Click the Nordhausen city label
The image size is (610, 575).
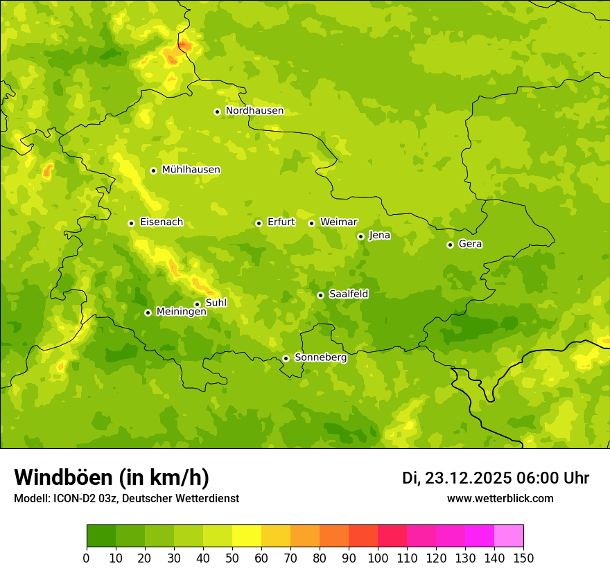click(x=254, y=111)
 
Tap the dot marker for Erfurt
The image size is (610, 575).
click(x=259, y=223)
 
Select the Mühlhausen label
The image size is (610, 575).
click(x=191, y=170)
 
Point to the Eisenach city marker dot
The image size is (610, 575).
click(x=131, y=223)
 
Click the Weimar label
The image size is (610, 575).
click(x=338, y=222)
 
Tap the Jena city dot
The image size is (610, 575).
click(x=360, y=236)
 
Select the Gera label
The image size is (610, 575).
click(x=470, y=244)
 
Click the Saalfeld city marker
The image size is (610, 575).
click(x=320, y=295)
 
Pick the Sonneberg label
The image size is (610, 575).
click(x=320, y=357)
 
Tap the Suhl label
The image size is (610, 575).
click(x=216, y=303)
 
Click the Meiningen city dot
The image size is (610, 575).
click(x=148, y=312)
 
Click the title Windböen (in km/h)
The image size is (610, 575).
click(x=111, y=477)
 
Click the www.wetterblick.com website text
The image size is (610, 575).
click(x=500, y=498)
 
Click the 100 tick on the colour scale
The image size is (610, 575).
click(x=378, y=558)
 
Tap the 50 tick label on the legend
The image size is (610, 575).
click(x=232, y=558)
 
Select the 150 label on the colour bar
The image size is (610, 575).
click(x=523, y=558)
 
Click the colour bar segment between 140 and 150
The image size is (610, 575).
click(x=509, y=536)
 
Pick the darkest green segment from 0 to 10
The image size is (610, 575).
click(x=101, y=536)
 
